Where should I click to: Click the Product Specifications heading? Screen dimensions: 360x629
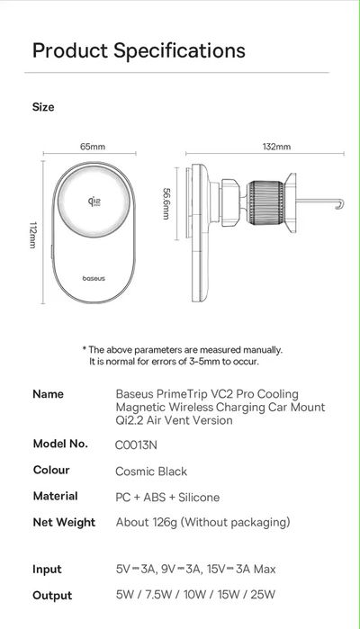point(139,49)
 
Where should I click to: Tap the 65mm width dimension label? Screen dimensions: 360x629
point(93,146)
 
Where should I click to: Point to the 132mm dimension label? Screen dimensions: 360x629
point(276,146)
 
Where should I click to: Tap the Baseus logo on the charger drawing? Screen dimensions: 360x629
point(93,278)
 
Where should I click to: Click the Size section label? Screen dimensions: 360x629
point(43,107)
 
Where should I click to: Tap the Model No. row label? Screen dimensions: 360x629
point(60,444)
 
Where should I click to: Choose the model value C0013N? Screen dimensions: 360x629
point(136,445)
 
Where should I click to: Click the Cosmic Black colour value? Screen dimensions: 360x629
point(151,471)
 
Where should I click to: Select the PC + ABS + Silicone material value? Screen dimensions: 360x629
point(167,497)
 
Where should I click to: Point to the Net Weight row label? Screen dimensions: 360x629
point(64,522)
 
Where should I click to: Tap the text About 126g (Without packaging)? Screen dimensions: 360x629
point(202,522)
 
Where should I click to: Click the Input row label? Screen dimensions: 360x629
point(47,569)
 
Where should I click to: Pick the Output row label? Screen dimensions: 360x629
point(52,595)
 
